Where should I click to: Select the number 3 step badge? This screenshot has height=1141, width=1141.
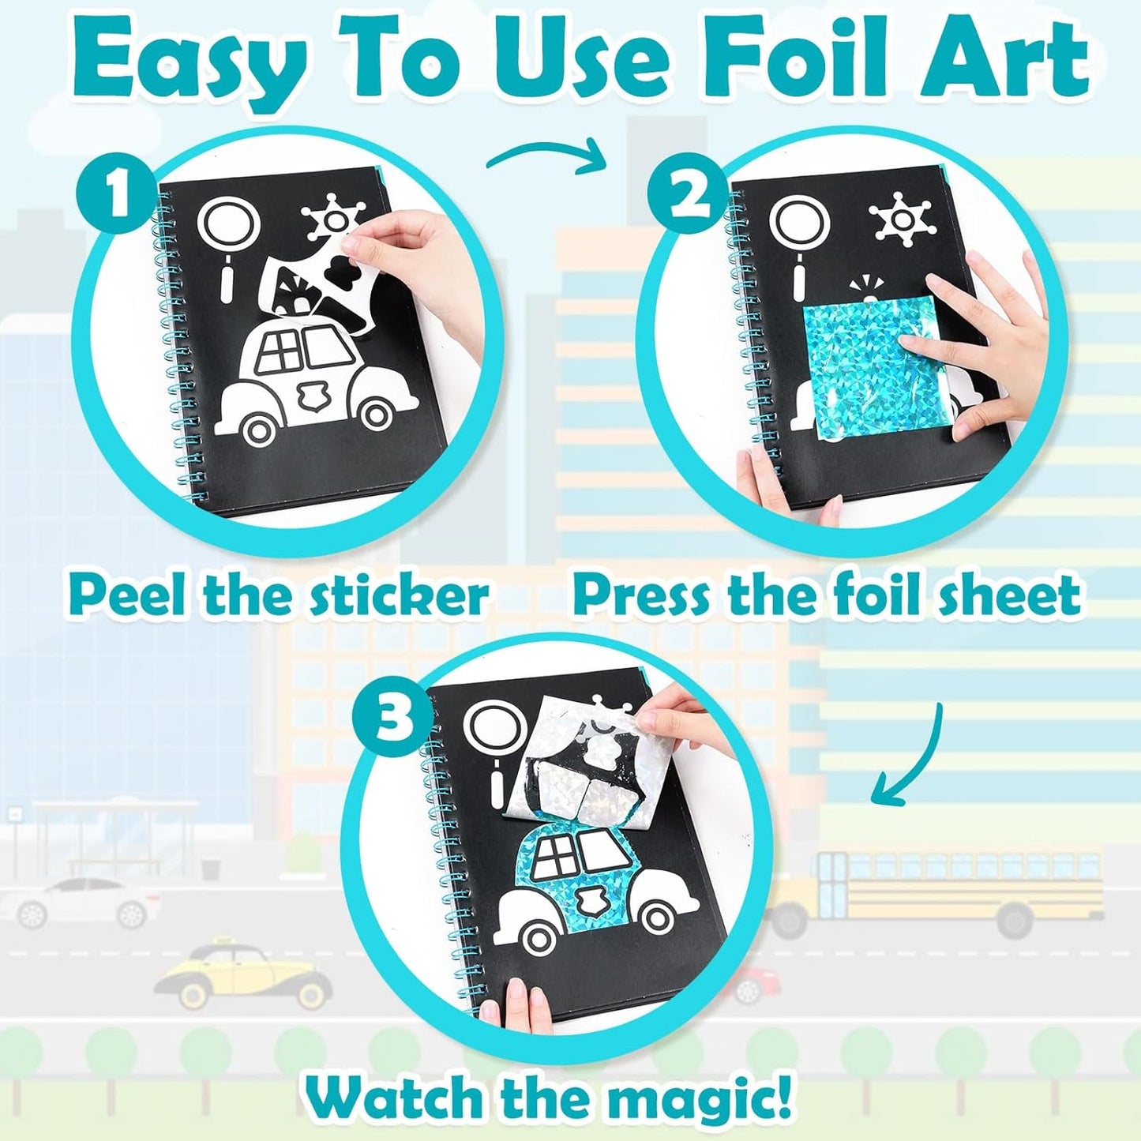[392, 719]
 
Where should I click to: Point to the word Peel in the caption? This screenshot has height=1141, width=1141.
[127, 596]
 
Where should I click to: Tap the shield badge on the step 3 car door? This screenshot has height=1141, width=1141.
[587, 899]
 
